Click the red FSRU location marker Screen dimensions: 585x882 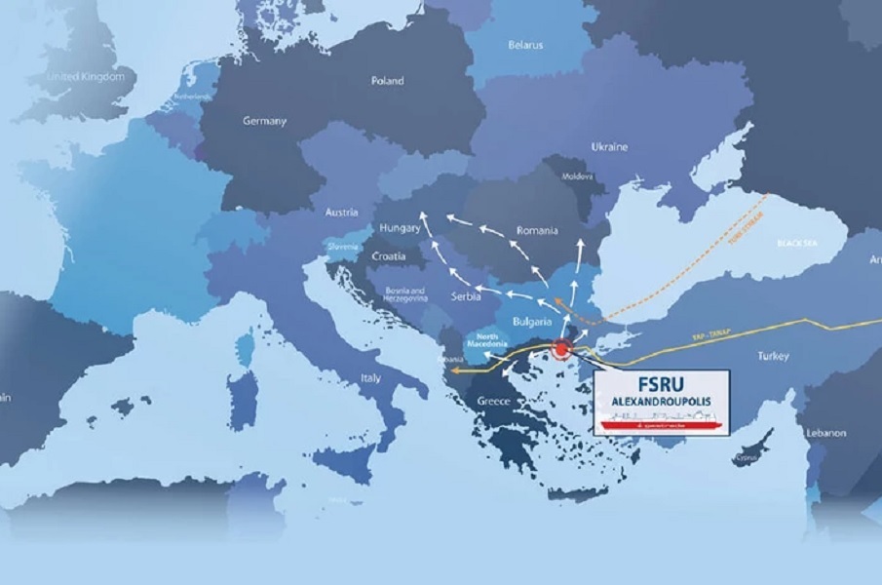(x=560, y=347)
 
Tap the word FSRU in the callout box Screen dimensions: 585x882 (x=664, y=383)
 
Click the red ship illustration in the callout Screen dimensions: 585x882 (x=663, y=422)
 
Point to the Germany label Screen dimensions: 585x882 (x=264, y=122)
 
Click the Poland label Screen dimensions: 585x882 (x=387, y=81)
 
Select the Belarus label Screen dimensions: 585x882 (x=525, y=45)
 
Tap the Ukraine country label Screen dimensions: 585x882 (x=609, y=146)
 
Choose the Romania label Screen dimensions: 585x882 (x=538, y=231)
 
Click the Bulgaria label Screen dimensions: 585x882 (x=532, y=320)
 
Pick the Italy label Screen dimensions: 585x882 (x=370, y=376)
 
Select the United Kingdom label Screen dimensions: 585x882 (x=87, y=76)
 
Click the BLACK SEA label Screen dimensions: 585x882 (x=796, y=241)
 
